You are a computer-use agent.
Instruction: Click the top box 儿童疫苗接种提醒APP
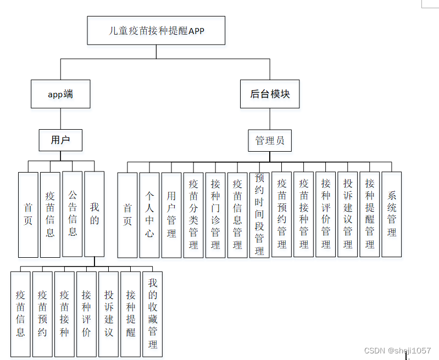click(x=156, y=30)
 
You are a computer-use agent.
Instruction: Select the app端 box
click(x=60, y=94)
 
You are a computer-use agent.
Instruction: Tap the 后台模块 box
click(x=270, y=94)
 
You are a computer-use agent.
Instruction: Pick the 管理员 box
click(x=270, y=141)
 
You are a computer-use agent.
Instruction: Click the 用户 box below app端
click(x=60, y=140)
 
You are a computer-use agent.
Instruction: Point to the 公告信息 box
click(x=73, y=214)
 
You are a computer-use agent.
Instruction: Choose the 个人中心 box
click(x=149, y=215)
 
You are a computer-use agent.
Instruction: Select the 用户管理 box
click(x=171, y=215)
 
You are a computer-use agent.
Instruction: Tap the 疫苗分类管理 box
click(x=193, y=215)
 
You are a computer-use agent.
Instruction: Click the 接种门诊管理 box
click(x=215, y=215)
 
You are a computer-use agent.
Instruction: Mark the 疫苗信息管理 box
click(x=237, y=215)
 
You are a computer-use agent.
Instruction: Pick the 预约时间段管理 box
click(x=259, y=215)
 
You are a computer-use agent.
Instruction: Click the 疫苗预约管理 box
click(x=282, y=215)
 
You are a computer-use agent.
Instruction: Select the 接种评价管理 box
click(x=326, y=215)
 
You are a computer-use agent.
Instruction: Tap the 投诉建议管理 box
click(x=348, y=215)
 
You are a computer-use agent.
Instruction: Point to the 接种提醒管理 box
click(x=370, y=215)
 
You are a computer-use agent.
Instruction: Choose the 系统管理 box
click(x=392, y=215)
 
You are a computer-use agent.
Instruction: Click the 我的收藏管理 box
click(x=153, y=314)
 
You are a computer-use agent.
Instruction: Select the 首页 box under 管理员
click(x=127, y=215)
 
